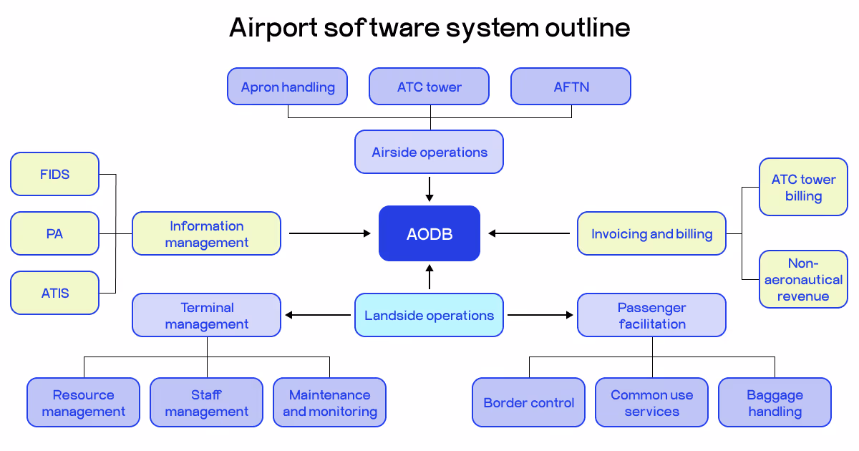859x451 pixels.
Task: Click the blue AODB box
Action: tap(429, 233)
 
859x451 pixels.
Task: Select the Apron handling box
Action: tap(288, 87)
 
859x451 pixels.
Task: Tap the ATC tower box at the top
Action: tap(429, 87)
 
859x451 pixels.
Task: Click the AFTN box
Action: tap(571, 87)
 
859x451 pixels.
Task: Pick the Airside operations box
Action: tap(429, 152)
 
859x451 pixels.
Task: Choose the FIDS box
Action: tap(55, 174)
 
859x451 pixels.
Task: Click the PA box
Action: tap(55, 233)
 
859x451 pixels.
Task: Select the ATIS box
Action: tap(55, 293)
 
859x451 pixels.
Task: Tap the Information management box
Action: tap(207, 233)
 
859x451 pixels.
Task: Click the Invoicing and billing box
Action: tap(652, 233)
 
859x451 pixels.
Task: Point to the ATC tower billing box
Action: tap(803, 188)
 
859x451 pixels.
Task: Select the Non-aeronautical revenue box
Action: tap(803, 279)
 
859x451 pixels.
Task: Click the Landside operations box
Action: tap(429, 315)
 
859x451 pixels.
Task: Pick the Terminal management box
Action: tap(207, 315)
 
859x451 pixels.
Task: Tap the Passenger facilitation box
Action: tap(652, 315)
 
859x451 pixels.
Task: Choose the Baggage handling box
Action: tap(775, 402)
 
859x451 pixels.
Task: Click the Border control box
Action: tap(529, 402)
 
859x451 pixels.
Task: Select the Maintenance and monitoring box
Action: tap(330, 402)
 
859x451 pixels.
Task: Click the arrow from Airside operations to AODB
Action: tap(429, 189)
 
